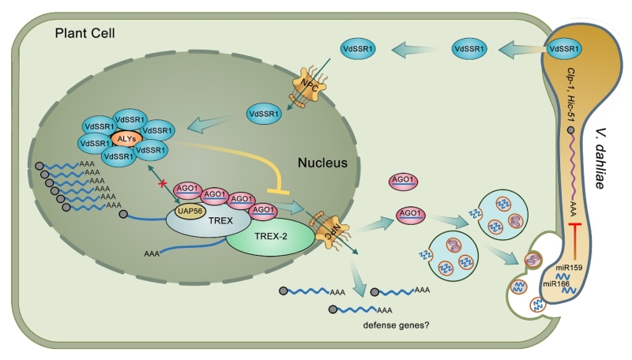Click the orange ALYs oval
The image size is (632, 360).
point(123,138)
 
